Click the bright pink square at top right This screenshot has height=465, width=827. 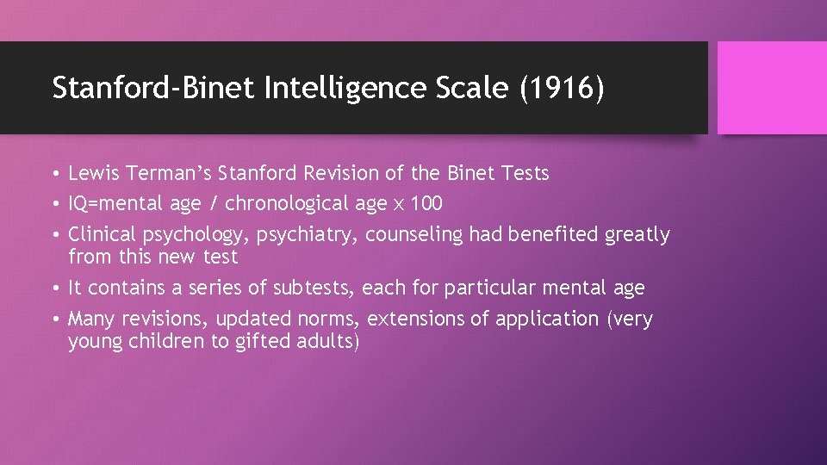(x=772, y=88)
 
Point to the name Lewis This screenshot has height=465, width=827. (x=94, y=173)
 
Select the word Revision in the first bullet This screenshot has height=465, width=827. (x=341, y=173)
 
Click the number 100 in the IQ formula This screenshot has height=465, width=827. (x=426, y=204)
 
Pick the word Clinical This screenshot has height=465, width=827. (x=98, y=234)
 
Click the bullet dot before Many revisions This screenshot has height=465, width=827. (x=56, y=319)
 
